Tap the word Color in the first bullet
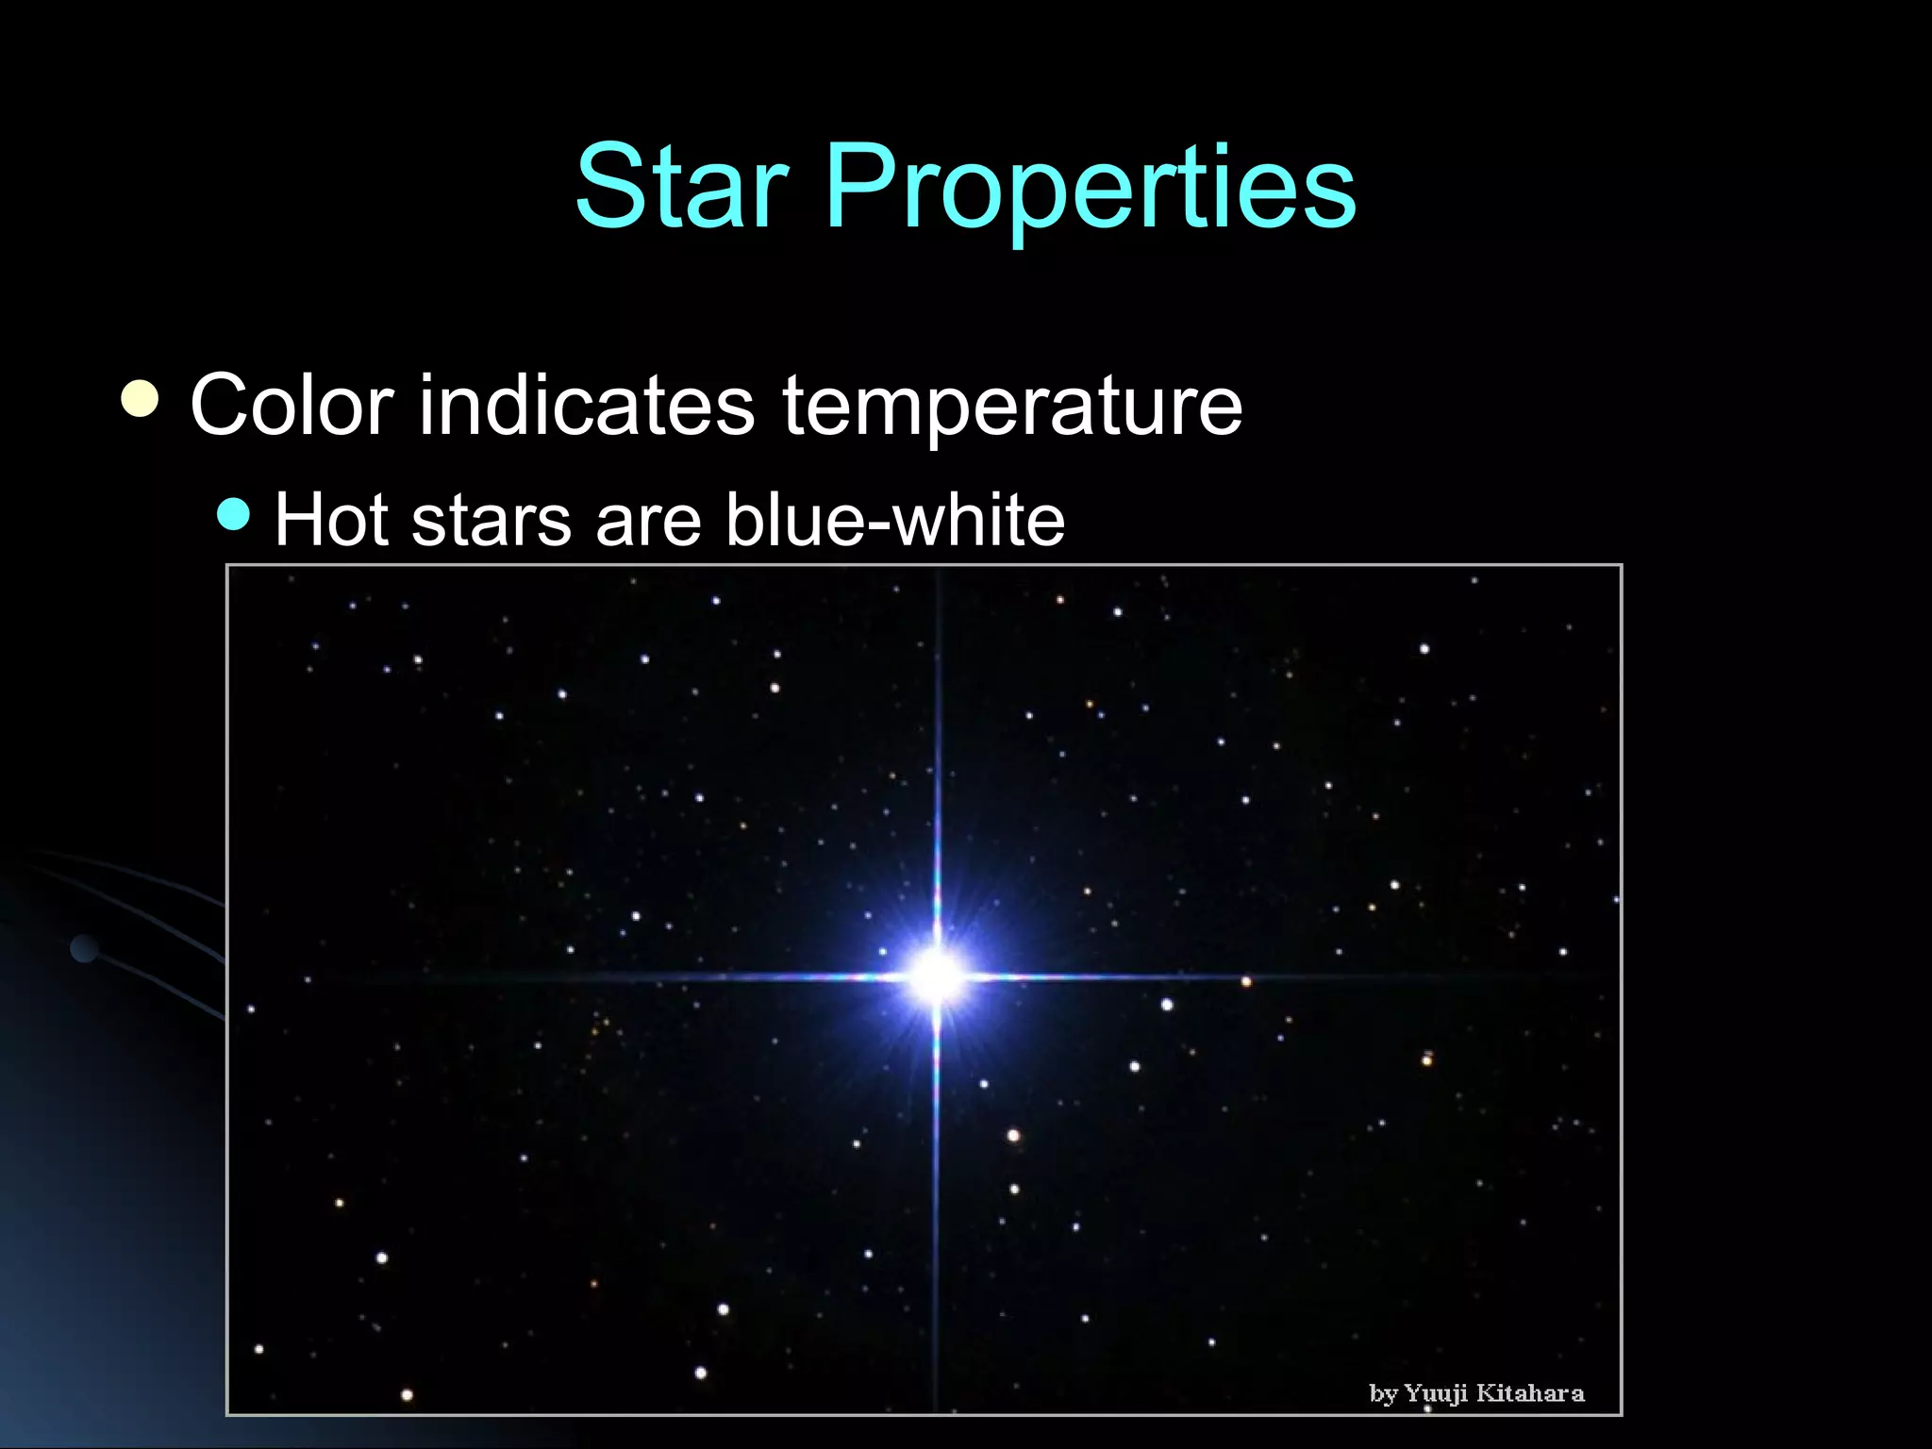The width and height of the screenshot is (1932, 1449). [291, 406]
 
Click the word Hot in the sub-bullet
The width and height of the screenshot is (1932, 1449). [330, 520]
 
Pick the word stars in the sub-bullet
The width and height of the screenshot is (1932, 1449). [491, 522]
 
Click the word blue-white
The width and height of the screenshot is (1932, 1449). [894, 520]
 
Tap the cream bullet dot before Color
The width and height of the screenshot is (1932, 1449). [141, 398]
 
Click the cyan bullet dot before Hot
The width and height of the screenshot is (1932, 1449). [233, 514]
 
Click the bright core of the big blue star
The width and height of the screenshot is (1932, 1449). [936, 975]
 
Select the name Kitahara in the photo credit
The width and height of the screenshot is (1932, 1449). [1529, 1393]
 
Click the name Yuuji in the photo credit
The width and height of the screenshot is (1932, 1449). [1437, 1394]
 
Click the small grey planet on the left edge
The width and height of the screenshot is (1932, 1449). [85, 948]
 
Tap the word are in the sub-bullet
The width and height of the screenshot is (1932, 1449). [648, 522]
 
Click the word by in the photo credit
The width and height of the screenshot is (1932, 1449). [1383, 1394]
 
